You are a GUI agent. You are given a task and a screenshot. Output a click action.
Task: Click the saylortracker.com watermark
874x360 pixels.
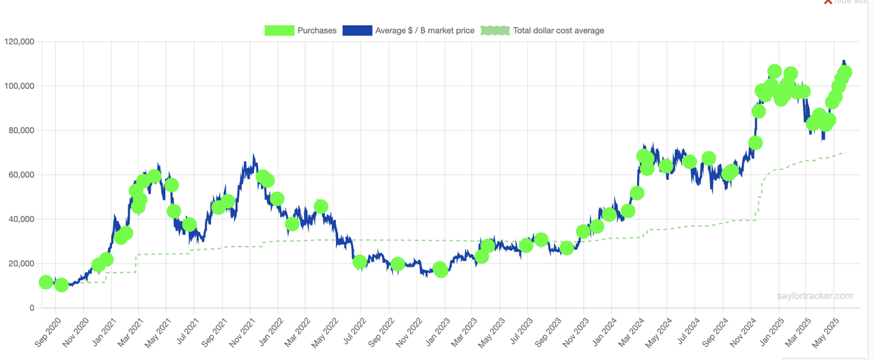(815, 296)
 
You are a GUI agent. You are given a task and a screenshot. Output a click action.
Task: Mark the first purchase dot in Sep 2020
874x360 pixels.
(46, 282)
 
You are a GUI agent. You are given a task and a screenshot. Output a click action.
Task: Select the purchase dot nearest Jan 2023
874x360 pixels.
(440, 270)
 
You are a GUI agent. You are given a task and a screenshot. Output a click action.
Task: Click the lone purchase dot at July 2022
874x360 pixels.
(360, 262)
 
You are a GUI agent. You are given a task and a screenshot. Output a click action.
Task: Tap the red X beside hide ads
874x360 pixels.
(828, 2)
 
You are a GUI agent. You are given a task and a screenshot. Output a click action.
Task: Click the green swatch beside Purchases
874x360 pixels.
(279, 31)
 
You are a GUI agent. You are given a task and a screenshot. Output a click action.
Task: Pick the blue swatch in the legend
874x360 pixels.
(357, 31)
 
